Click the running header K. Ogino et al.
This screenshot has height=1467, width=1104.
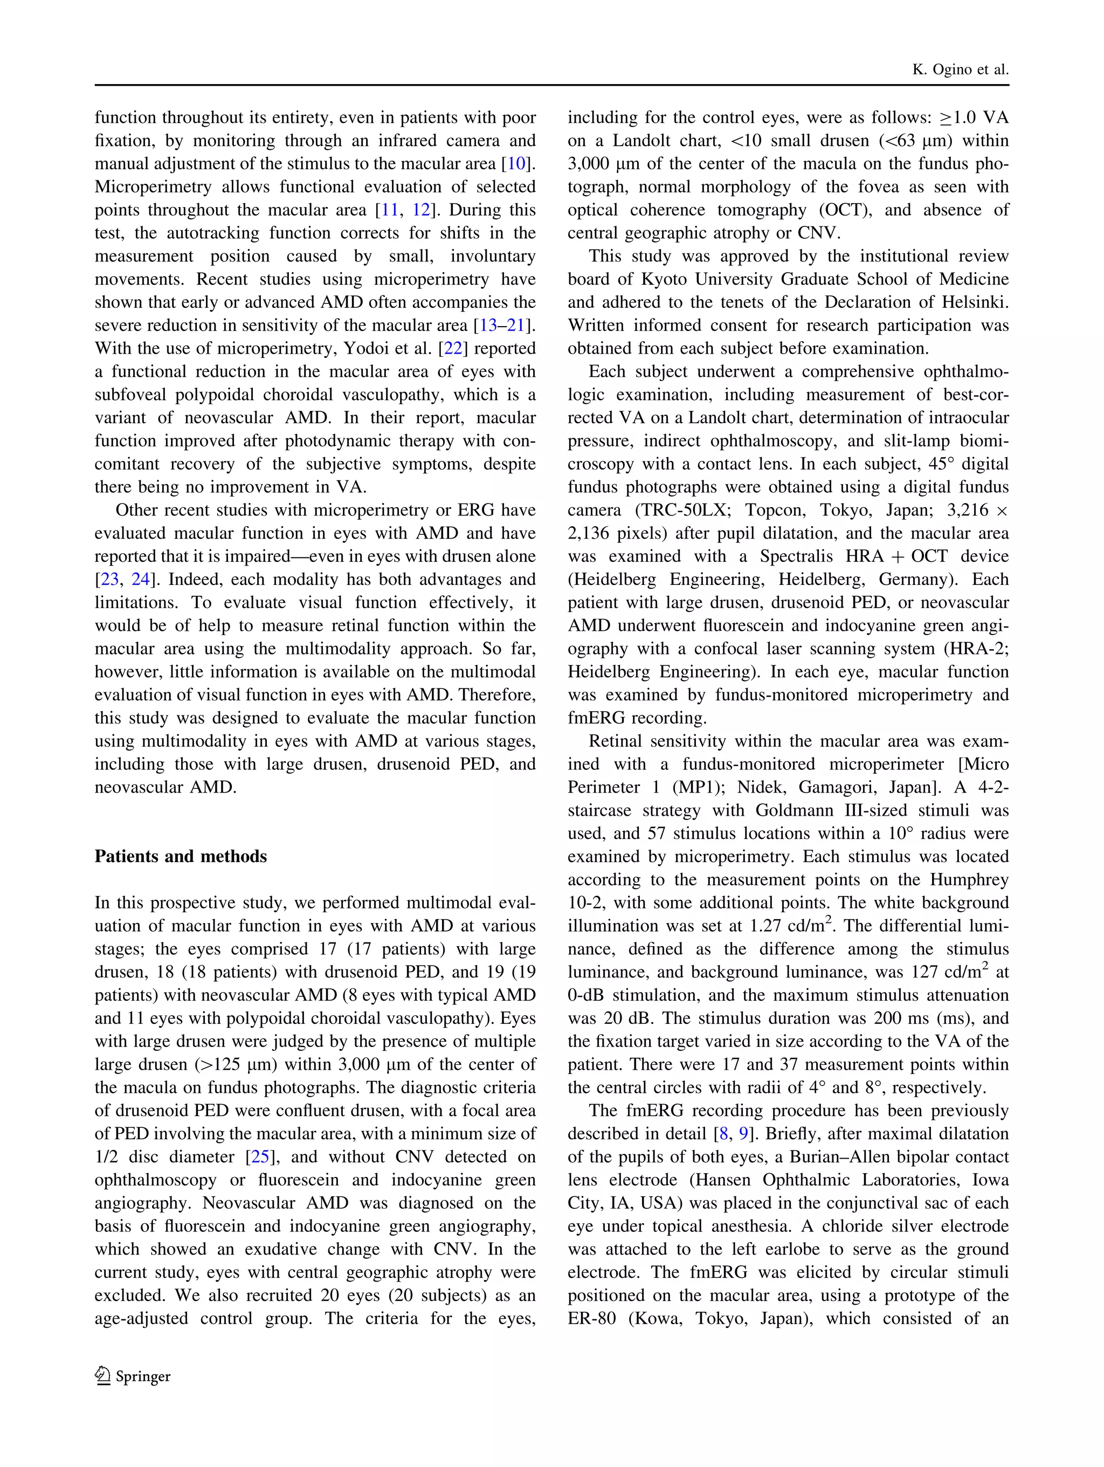pos(960,70)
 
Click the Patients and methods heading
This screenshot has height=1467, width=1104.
pos(181,856)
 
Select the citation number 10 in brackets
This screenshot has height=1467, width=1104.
pos(516,164)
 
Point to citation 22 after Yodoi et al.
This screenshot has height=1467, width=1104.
pos(453,349)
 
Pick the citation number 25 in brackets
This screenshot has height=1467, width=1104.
pos(260,1156)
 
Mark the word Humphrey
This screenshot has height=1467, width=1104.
pos(969,879)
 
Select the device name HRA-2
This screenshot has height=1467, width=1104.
pos(980,649)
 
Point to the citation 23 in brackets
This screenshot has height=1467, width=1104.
pos(109,580)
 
